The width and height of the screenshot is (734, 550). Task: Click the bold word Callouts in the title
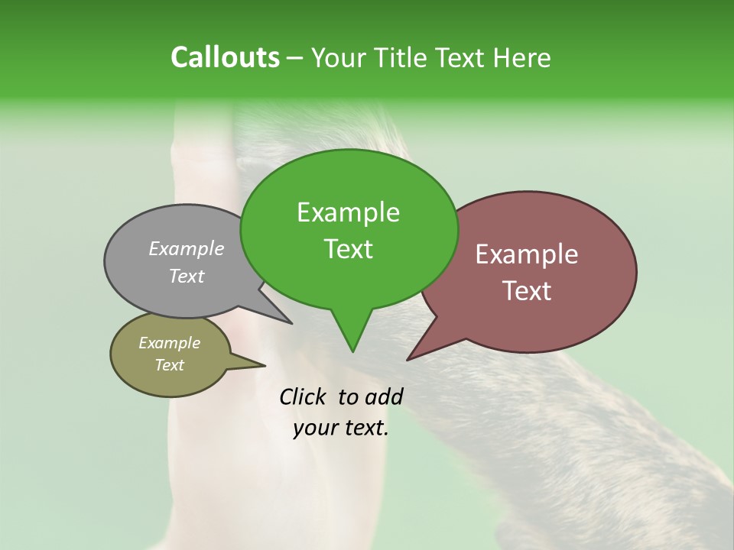[225, 57]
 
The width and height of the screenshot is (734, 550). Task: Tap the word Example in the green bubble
[348, 212]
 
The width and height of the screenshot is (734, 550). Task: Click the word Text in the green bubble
[348, 249]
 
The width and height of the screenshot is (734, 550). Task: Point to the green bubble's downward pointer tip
[352, 351]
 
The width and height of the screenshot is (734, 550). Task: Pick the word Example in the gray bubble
[187, 248]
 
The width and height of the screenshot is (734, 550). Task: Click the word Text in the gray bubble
[187, 276]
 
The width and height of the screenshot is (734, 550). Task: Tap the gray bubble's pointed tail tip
[291, 323]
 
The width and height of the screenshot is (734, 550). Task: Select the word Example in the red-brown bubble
[527, 254]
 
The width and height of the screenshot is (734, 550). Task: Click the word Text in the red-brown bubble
[527, 291]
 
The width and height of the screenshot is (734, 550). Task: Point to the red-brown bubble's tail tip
[408, 359]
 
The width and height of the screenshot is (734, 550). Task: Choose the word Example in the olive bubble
[169, 343]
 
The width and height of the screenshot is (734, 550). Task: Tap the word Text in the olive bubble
[169, 365]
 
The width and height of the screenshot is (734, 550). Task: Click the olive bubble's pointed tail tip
[265, 365]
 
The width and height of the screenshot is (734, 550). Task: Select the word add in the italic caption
[383, 396]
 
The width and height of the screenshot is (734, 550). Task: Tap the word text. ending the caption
[364, 428]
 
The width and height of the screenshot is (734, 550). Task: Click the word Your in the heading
[339, 57]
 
